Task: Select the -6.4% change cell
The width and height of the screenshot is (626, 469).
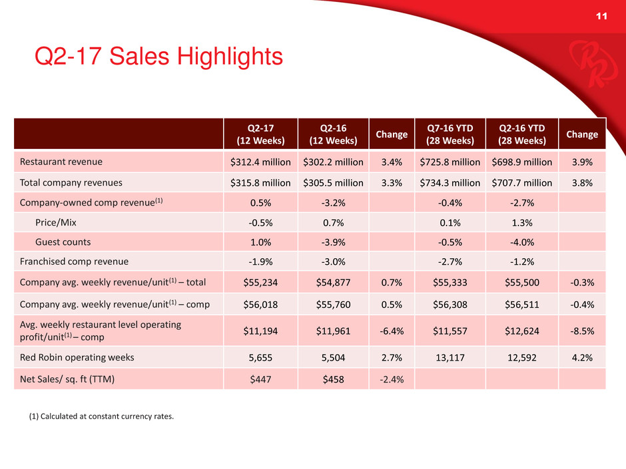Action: [x=392, y=329]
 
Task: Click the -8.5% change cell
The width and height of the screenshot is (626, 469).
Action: [x=582, y=329]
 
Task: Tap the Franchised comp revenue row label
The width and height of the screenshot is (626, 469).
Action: [x=74, y=261]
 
